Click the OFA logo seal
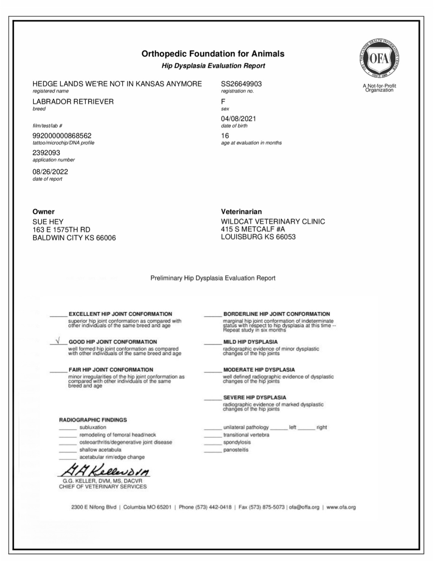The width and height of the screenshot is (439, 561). click(x=379, y=59)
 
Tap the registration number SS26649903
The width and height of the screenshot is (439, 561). click(x=241, y=84)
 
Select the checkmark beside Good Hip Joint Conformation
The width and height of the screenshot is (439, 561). click(x=58, y=341)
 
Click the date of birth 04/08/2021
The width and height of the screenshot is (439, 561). click(x=238, y=119)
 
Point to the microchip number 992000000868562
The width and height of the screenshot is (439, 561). click(x=62, y=136)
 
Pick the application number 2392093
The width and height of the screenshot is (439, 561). click(x=46, y=153)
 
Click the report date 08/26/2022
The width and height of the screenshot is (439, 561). click(x=50, y=172)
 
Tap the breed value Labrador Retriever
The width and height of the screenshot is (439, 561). click(x=73, y=102)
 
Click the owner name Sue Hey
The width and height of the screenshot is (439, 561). click(x=48, y=222)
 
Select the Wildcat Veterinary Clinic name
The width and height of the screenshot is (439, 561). click(x=273, y=222)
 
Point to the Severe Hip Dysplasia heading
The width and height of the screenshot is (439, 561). click(x=254, y=398)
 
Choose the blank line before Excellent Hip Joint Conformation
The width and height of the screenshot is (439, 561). click(x=58, y=316)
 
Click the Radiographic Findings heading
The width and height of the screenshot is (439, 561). click(x=93, y=420)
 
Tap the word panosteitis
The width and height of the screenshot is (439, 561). click(x=235, y=450)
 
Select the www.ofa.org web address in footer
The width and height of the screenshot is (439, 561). click(x=341, y=507)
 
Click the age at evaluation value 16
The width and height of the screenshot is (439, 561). click(x=225, y=136)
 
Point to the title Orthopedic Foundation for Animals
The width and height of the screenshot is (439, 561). click(x=213, y=54)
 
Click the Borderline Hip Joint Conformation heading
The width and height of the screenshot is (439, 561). click(x=276, y=314)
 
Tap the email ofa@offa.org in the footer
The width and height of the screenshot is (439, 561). click(x=304, y=507)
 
